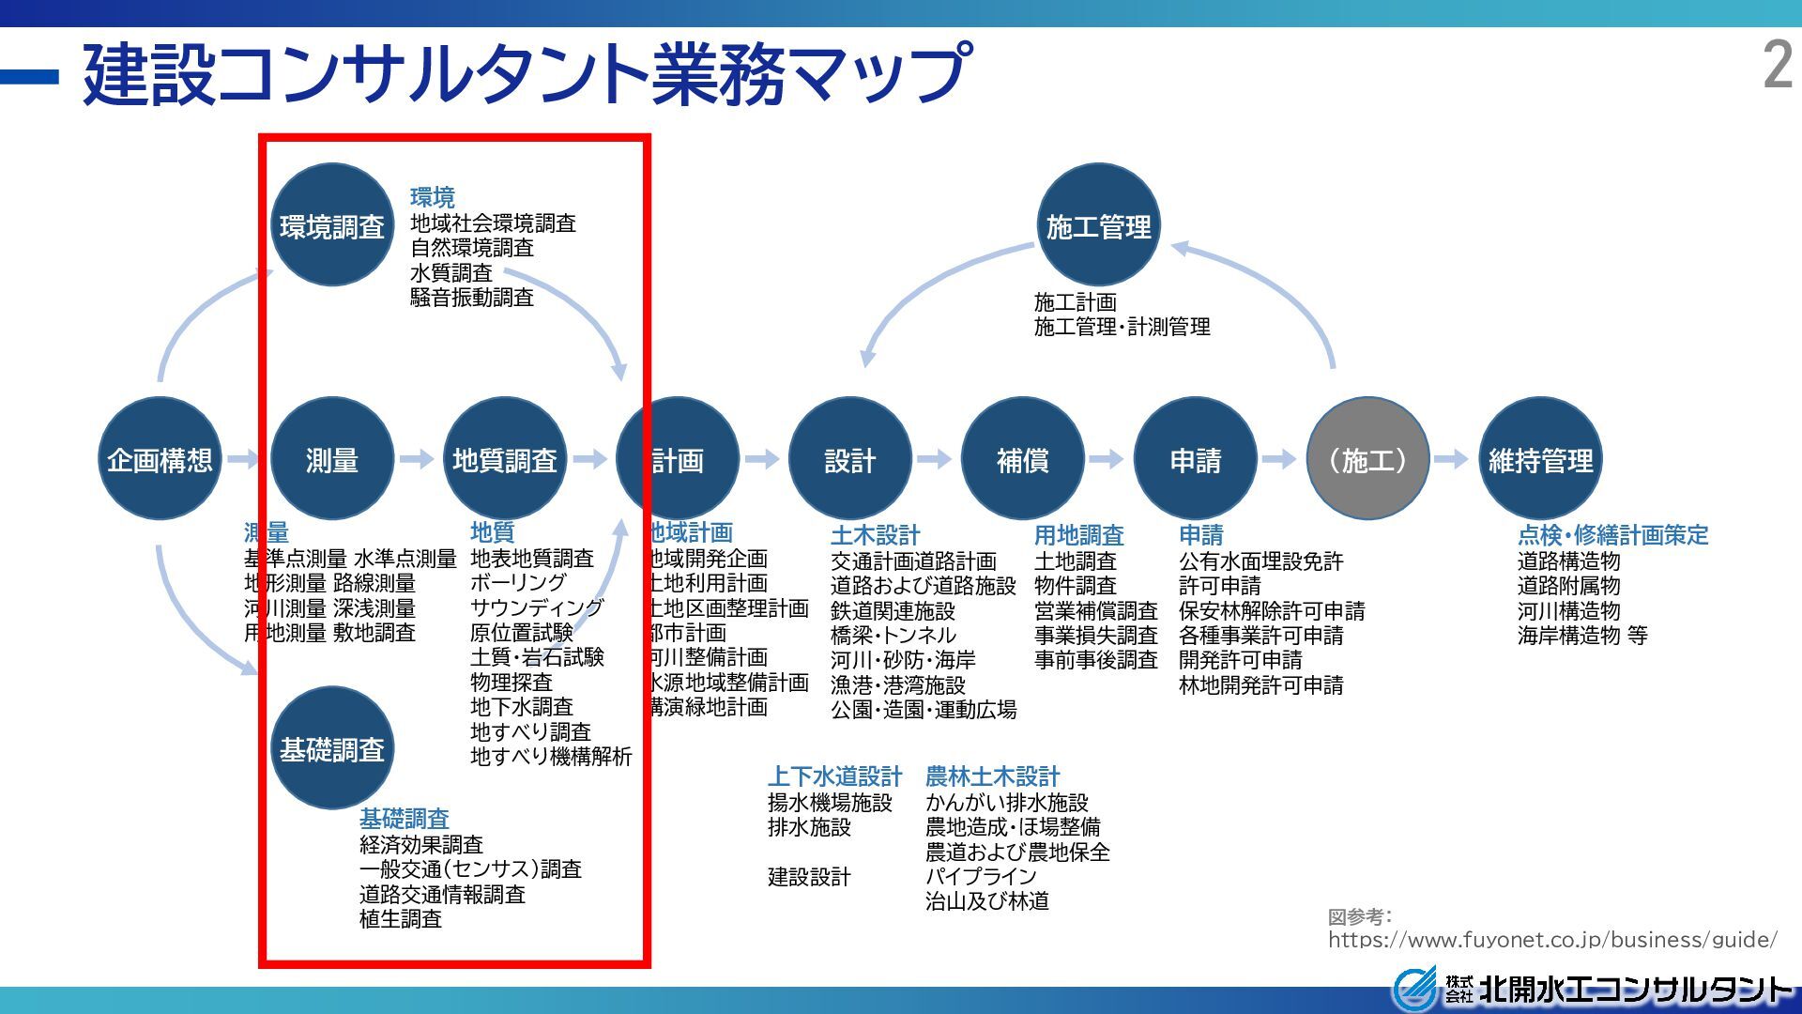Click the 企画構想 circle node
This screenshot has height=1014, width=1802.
click(160, 459)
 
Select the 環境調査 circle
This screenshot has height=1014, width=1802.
click(331, 226)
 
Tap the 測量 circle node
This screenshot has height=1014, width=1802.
click(331, 459)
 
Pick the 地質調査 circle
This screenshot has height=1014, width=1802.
click(504, 459)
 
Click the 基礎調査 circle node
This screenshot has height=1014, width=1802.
click(331, 749)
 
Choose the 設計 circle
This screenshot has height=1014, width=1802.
click(849, 459)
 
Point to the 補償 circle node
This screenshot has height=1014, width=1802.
click(1022, 459)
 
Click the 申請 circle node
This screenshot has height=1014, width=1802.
click(1195, 459)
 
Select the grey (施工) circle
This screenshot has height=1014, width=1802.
click(1367, 459)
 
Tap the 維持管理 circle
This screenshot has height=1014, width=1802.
click(1540, 459)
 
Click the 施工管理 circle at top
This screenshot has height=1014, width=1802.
click(1098, 226)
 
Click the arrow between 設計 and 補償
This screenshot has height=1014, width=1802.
click(935, 459)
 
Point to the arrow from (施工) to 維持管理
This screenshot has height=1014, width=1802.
click(1452, 459)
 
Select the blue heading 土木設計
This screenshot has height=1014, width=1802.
click(875, 535)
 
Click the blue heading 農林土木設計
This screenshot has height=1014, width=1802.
click(992, 776)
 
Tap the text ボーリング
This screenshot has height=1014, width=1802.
click(518, 583)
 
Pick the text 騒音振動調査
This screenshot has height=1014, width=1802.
click(471, 298)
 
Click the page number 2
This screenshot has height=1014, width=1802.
click(1778, 66)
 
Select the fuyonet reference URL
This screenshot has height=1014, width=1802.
click(1551, 939)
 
